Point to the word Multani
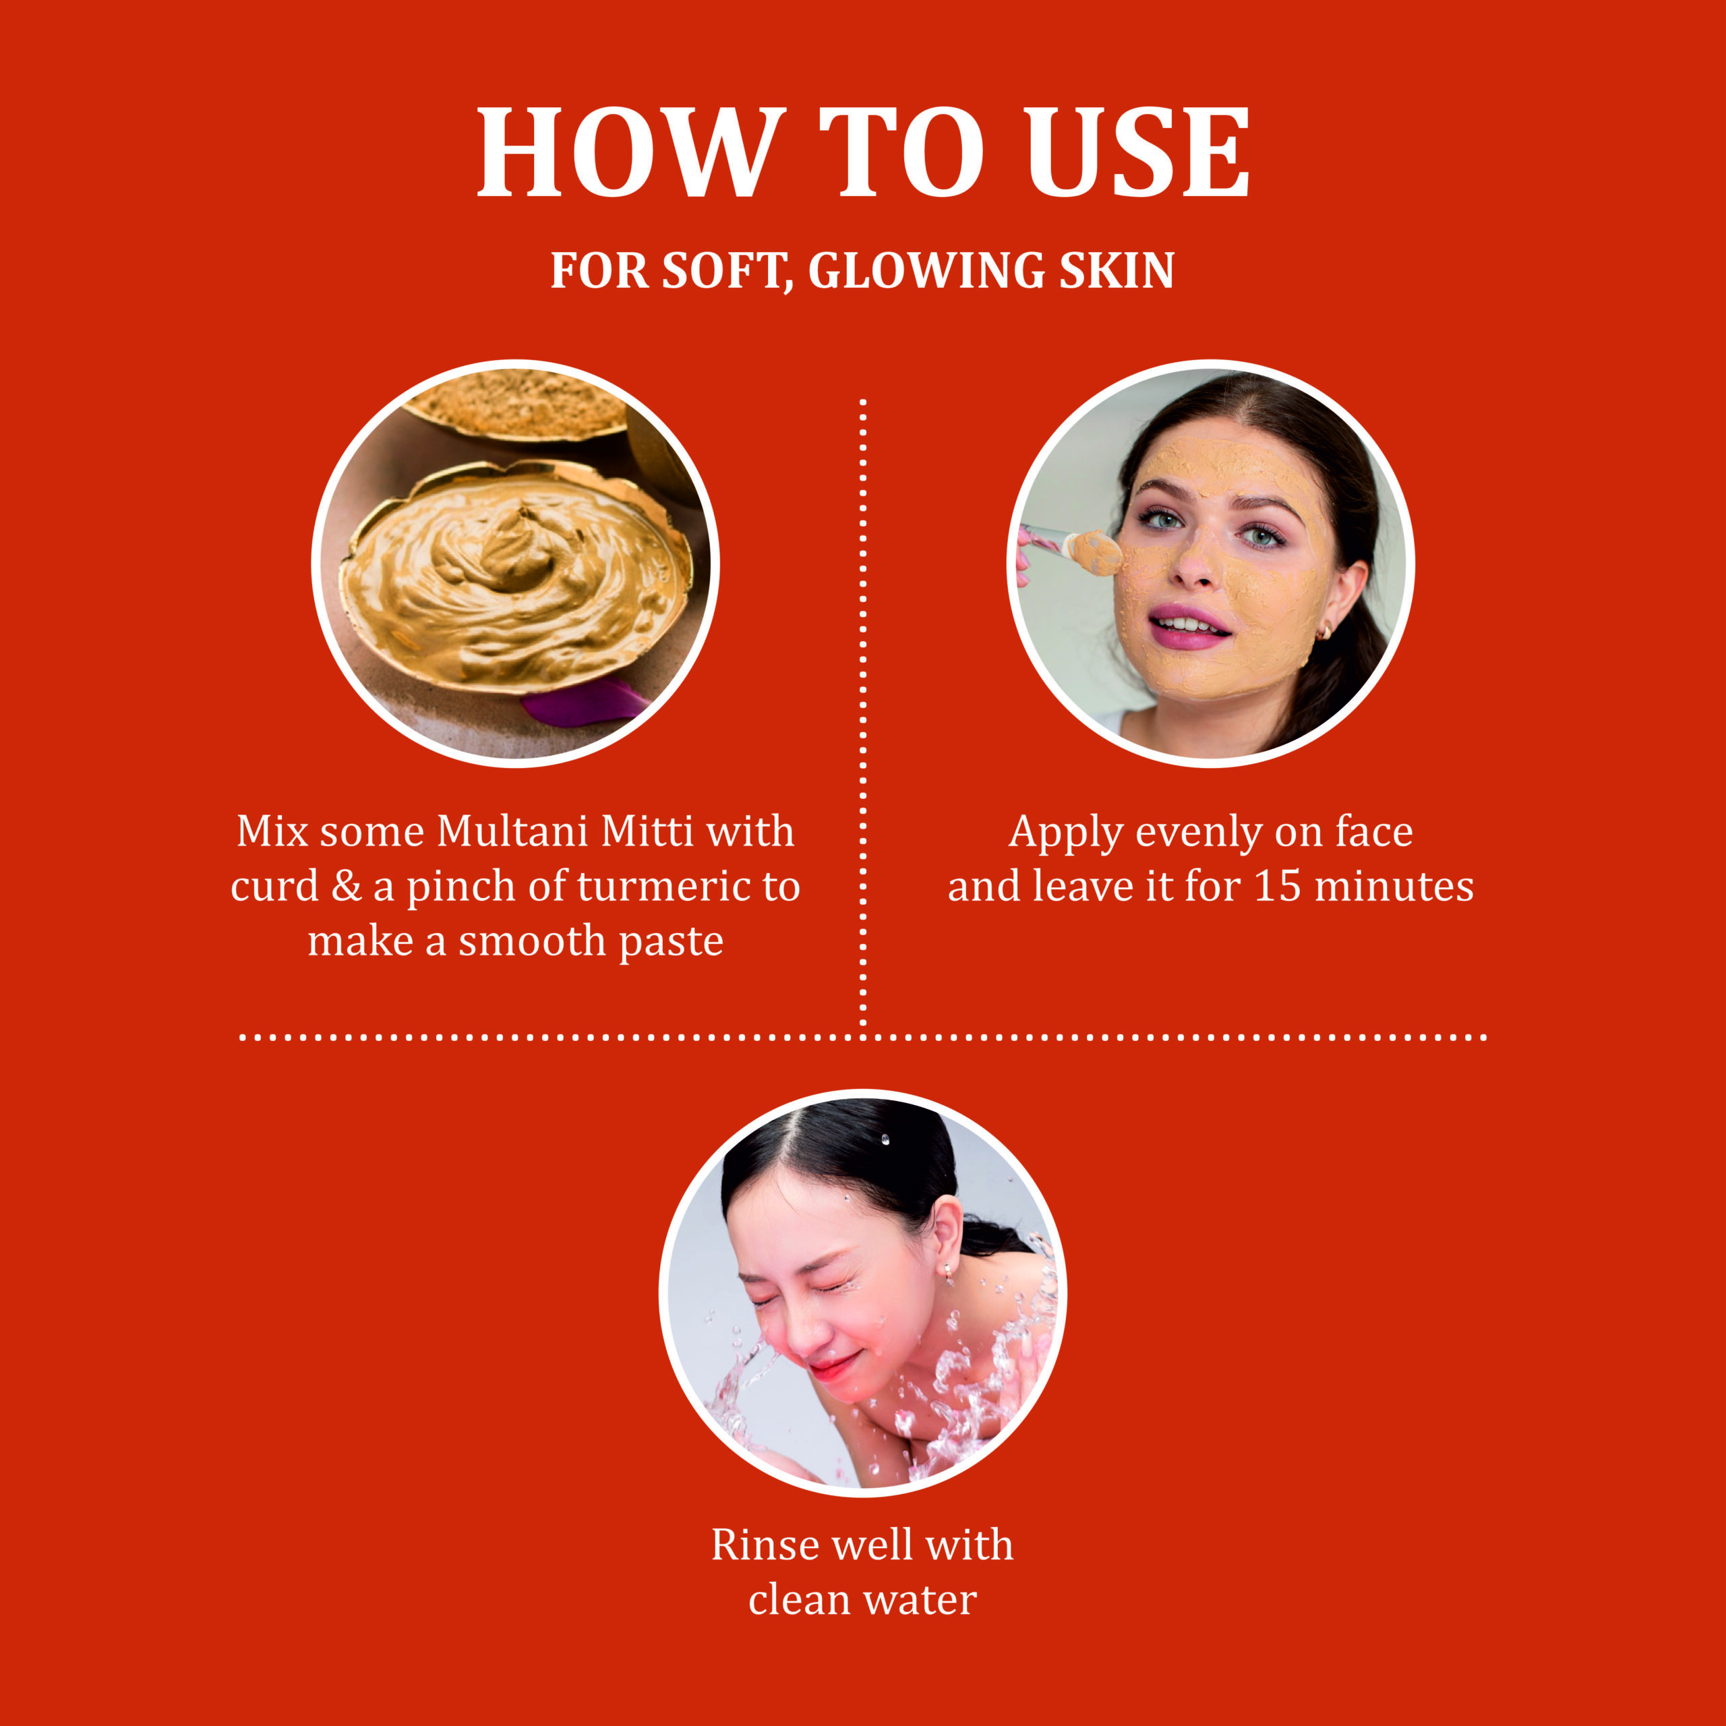point(514,831)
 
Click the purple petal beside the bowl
point(585,702)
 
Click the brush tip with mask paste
point(1096,552)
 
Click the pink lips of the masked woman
point(1189,627)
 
